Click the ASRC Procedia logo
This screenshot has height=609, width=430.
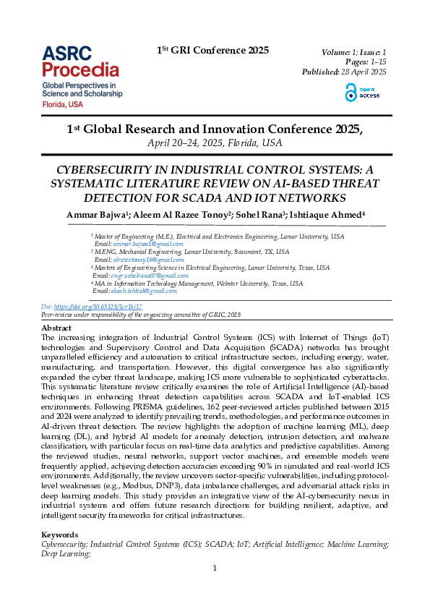(80, 61)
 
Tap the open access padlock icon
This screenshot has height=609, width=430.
(351, 92)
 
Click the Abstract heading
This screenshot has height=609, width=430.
(56, 328)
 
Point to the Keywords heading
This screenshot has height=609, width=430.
(60, 535)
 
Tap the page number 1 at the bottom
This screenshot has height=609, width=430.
(215, 568)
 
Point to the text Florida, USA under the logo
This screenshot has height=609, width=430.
(62, 104)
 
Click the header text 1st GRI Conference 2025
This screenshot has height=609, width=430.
(212, 51)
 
